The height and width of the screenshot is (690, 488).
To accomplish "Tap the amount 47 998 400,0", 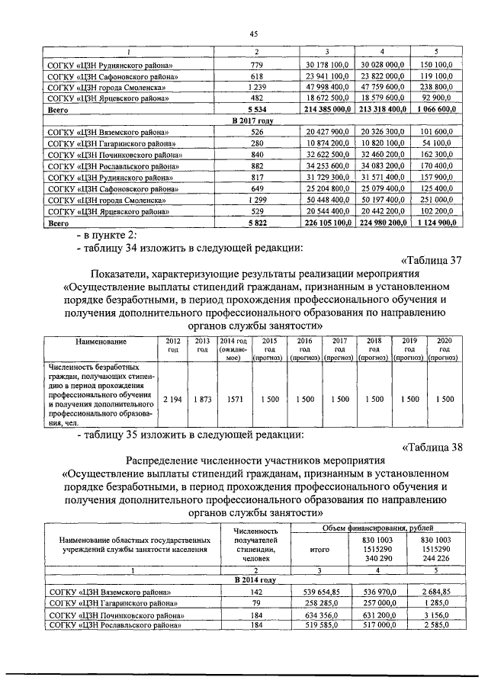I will tap(326, 88).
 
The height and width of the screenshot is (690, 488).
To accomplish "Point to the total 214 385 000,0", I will tap(326, 110).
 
